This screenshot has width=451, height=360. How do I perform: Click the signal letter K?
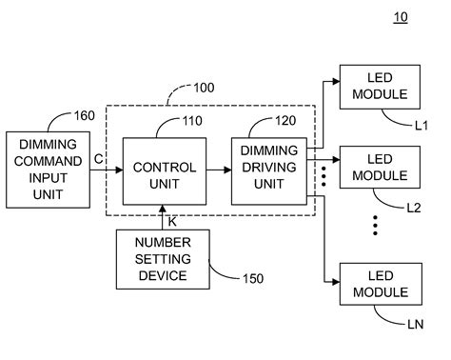pos(171,220)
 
